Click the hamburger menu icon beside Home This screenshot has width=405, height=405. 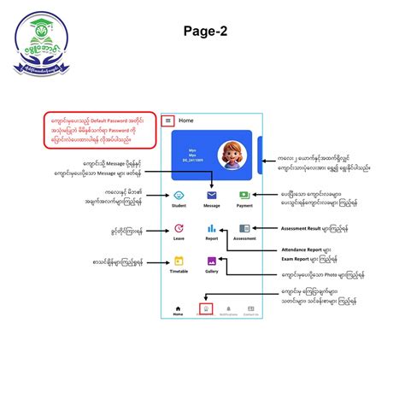click(168, 121)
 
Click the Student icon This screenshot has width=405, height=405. click(179, 195)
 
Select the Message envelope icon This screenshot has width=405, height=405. click(211, 195)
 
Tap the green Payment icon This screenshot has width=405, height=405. click(244, 195)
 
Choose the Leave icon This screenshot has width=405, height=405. click(179, 228)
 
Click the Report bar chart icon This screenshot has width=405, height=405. click(211, 228)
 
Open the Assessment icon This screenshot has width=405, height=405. click(244, 228)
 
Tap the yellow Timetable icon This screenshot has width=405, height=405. click(179, 261)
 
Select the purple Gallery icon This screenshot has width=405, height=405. click(211, 261)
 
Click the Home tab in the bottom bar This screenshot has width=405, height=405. click(179, 310)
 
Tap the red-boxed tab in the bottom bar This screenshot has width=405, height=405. click(204, 309)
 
